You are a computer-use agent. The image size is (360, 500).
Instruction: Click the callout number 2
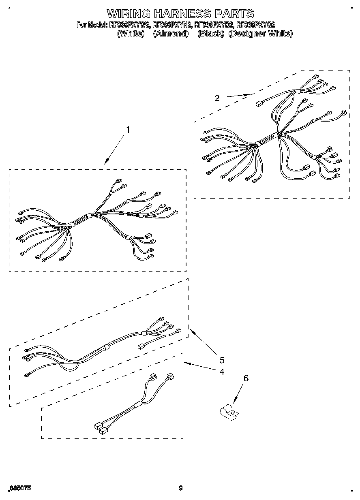click(x=217, y=98)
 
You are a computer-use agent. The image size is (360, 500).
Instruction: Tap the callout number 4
click(x=222, y=371)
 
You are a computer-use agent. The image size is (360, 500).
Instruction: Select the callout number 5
click(x=222, y=360)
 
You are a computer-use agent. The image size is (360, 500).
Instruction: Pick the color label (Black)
click(x=211, y=34)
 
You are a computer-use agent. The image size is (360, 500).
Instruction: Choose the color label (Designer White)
click(x=260, y=34)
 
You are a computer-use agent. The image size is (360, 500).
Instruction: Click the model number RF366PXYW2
click(x=130, y=25)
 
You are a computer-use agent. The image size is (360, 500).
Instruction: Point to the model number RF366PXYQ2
click(x=256, y=25)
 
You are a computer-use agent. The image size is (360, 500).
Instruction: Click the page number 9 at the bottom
click(x=181, y=488)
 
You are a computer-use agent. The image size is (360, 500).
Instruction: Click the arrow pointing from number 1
click(x=114, y=150)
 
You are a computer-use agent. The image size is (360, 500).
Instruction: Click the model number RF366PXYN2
click(x=172, y=25)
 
